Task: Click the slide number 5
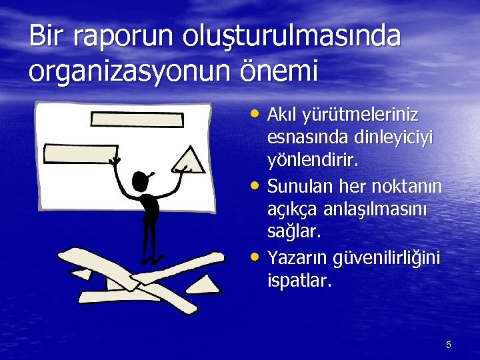click(449, 345)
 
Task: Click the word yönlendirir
click(313, 161)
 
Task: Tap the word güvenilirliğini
click(383, 258)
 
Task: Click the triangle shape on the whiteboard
click(189, 159)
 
